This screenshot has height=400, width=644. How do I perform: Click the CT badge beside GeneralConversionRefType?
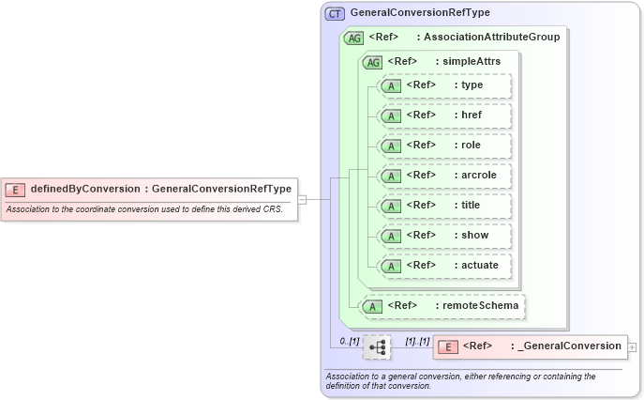tap(335, 14)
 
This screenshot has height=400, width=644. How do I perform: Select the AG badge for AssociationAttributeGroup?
tap(354, 38)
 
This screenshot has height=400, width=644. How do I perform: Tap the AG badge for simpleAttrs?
tap(373, 62)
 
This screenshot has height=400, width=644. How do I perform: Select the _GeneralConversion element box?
tap(529, 346)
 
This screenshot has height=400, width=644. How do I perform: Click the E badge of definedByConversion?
tap(15, 190)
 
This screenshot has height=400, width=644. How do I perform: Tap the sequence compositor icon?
tap(377, 347)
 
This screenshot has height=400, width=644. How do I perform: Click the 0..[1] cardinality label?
tap(349, 341)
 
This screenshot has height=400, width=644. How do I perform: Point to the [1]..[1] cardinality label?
tap(417, 341)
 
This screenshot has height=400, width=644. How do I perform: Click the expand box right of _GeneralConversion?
tap(633, 346)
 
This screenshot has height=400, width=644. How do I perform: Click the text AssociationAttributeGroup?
tap(491, 38)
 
